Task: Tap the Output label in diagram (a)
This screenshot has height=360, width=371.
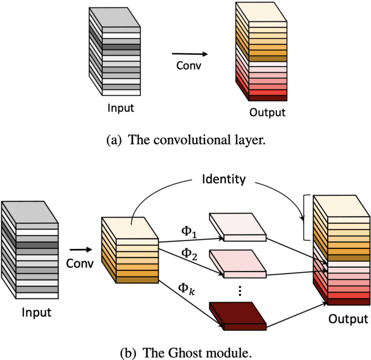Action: (x=267, y=113)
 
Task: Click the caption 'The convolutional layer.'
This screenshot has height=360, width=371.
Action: (x=185, y=140)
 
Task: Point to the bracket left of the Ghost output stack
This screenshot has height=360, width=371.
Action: (x=307, y=218)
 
